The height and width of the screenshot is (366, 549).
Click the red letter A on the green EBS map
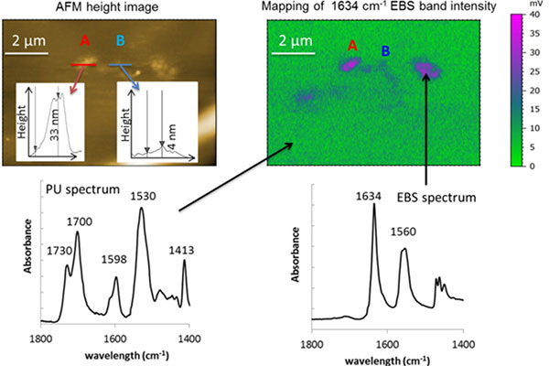[x=354, y=44]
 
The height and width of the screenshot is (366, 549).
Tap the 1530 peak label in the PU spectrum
[x=141, y=196]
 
